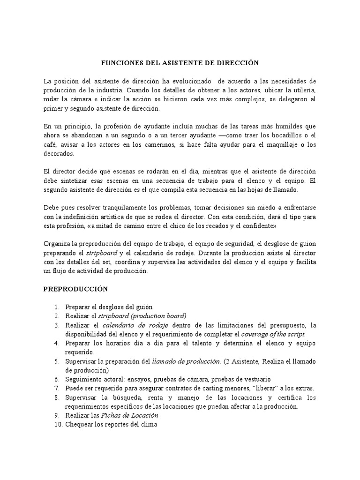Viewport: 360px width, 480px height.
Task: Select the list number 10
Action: click(x=57, y=425)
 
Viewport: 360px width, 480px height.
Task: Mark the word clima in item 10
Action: click(x=149, y=425)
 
